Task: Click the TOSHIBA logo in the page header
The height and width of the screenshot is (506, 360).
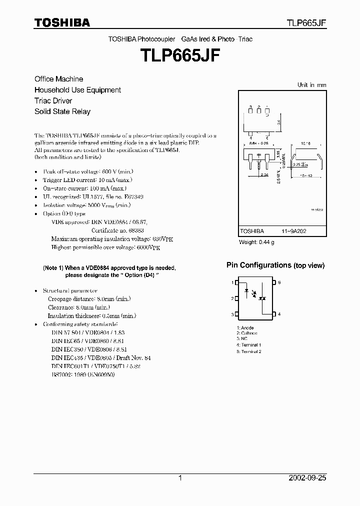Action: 62,22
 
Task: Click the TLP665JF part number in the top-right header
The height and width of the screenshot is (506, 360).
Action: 306,23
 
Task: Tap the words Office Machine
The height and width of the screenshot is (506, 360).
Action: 58,79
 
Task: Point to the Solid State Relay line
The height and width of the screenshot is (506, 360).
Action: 62,111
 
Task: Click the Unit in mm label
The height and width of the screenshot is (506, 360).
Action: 311,85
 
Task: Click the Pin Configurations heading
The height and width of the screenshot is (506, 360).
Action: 258,265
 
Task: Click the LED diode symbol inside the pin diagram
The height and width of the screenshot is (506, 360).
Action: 246,289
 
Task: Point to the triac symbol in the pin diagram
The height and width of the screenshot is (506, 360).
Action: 261,298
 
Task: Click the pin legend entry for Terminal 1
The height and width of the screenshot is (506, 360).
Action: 249,345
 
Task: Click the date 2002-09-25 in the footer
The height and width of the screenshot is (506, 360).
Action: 307,478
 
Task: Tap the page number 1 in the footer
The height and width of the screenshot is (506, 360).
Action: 180,478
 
